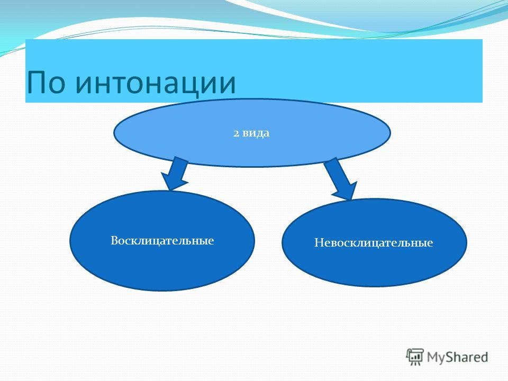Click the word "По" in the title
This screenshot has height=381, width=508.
[x=47, y=83]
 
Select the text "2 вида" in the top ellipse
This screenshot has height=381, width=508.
[x=251, y=133]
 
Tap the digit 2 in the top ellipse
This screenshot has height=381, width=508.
[x=235, y=133]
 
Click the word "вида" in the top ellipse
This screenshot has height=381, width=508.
[x=256, y=133]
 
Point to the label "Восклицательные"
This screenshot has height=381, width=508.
[x=162, y=241]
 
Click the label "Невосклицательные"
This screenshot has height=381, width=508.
[x=374, y=243]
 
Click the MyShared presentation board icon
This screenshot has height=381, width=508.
[x=415, y=357]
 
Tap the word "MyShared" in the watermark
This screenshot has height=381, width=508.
[x=457, y=357]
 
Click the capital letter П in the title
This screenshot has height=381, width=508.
[x=37, y=83]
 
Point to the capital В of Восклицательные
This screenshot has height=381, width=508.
[x=114, y=241]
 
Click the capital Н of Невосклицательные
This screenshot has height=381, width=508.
[x=319, y=243]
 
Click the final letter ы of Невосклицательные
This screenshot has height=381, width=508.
[x=422, y=243]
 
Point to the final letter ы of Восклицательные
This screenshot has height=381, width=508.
[x=203, y=241]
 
